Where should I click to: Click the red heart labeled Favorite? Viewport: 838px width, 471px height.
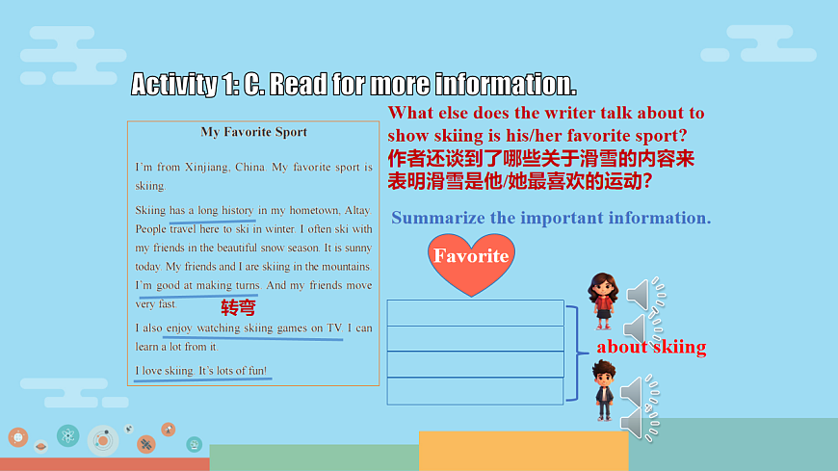coord(471,262)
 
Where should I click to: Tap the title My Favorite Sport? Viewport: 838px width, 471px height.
coord(253,132)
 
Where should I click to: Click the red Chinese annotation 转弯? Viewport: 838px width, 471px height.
coord(239,308)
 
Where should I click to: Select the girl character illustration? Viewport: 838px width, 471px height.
coord(603,300)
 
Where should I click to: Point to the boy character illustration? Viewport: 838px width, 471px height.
coord(604,389)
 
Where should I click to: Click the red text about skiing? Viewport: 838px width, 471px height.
coord(651,347)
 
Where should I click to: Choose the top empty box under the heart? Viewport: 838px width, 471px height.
coord(475,313)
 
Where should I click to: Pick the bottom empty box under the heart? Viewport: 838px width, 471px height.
coord(475,391)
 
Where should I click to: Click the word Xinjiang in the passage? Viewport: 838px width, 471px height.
coord(204,167)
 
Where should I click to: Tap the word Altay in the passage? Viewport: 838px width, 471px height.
coord(357,210)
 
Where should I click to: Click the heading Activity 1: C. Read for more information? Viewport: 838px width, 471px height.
coord(354,84)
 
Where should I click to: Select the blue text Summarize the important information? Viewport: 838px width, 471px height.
coord(551,218)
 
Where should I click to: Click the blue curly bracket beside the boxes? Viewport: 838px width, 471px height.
coord(575,353)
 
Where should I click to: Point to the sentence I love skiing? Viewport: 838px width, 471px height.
coord(165,371)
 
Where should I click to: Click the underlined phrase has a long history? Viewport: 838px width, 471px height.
coord(212,210)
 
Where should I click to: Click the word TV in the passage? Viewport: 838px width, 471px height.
coord(334,327)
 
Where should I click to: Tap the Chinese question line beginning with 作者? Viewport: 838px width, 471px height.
coord(541,158)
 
